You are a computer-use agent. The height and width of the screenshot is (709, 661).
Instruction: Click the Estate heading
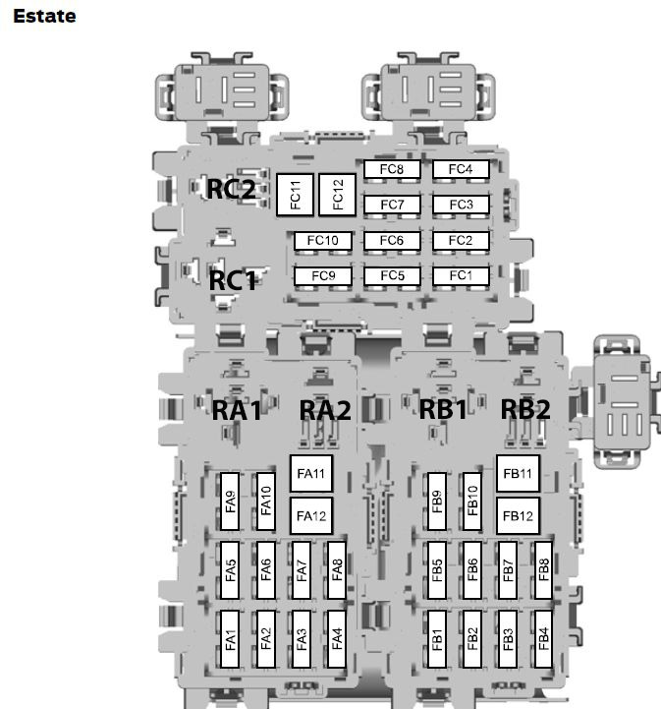44,17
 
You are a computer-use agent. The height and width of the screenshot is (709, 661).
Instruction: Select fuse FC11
295,195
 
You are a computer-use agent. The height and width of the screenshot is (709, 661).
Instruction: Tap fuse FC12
337,195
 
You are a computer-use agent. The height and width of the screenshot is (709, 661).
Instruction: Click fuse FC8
392,169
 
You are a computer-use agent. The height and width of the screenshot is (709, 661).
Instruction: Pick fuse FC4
461,169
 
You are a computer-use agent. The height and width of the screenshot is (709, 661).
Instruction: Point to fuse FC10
322,240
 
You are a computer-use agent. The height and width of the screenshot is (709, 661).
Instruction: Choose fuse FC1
461,275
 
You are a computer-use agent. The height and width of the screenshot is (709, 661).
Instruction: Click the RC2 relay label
231,189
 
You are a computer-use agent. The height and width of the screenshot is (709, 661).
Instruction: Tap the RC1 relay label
232,281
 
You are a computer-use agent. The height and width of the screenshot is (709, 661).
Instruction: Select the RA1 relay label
237,411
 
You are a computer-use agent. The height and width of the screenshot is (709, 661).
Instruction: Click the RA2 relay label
325,411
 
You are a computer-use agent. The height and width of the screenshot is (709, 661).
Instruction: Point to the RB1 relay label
443,410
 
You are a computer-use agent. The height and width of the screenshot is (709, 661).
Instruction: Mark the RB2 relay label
525,410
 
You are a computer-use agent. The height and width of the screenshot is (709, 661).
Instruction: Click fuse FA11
311,473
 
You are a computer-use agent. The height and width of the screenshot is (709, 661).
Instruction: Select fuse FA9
230,502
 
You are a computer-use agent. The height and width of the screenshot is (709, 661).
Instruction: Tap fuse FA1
230,639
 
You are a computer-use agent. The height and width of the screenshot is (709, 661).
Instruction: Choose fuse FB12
518,516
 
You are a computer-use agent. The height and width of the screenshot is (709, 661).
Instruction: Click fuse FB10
472,502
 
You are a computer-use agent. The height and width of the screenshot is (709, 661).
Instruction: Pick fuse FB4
543,639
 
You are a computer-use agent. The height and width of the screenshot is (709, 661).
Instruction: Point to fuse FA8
337,570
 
